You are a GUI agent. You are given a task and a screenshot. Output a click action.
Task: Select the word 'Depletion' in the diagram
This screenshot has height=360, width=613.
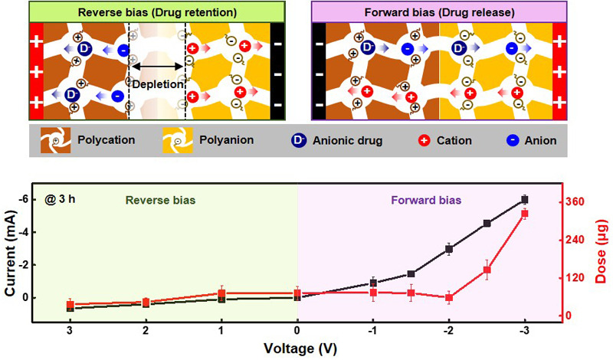[158, 84]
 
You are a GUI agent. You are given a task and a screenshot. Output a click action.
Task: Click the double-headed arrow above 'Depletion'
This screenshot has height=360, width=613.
[158, 67]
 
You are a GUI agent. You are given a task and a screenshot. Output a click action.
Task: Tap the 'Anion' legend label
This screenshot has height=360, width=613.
[539, 140]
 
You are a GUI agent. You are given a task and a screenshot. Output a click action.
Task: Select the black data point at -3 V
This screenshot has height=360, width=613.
[525, 199]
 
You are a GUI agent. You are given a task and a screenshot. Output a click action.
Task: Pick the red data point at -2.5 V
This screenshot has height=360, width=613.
[487, 270]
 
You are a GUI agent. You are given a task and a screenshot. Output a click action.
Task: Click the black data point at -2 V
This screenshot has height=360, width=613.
[449, 249]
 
